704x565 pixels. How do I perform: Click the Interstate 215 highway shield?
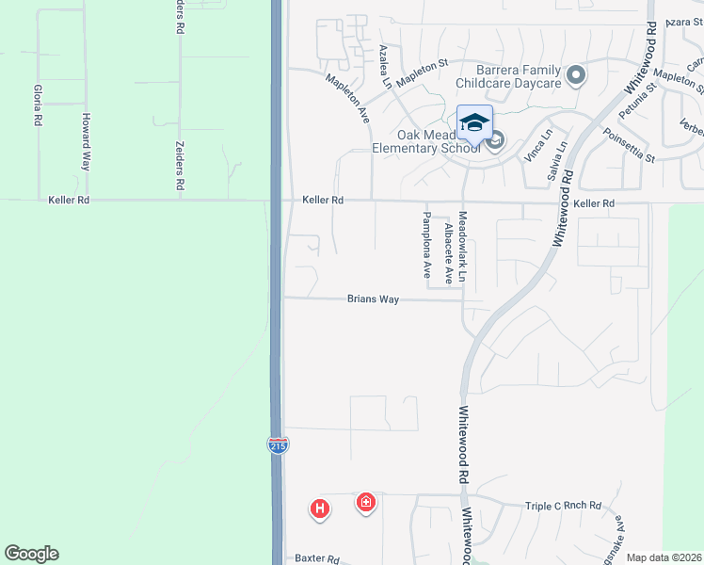pos(278,445)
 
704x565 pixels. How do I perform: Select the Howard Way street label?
pos(85,141)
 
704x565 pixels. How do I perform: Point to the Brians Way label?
pos(374,299)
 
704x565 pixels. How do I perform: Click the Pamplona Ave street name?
pos(426,248)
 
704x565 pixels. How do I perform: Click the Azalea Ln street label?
pos(385,66)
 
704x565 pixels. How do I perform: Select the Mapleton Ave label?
pos(348,101)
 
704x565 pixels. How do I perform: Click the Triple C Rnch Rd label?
pos(563,507)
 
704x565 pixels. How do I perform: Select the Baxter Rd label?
pos(317,558)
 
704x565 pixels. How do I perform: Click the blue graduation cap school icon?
pos(475,122)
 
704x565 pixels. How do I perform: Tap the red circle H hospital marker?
pos(320,509)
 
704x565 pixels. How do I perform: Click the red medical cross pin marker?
pos(366,503)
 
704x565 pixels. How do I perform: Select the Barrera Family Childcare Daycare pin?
pos(576,74)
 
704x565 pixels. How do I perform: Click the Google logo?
pos(31,554)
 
